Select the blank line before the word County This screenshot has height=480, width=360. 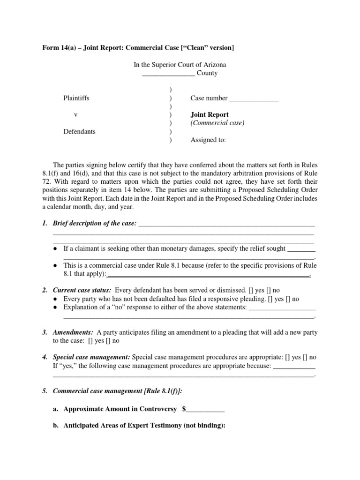(168, 74)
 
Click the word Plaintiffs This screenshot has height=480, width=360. (76, 98)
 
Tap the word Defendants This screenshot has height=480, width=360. (79, 132)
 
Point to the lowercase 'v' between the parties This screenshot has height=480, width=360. (76, 115)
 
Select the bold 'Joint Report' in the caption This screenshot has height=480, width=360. (210, 115)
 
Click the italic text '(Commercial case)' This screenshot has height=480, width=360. (217, 123)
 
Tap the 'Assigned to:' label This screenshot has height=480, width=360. (208, 140)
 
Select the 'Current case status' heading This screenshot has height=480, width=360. (82, 291)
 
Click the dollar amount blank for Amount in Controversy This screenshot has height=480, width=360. (206, 409)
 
